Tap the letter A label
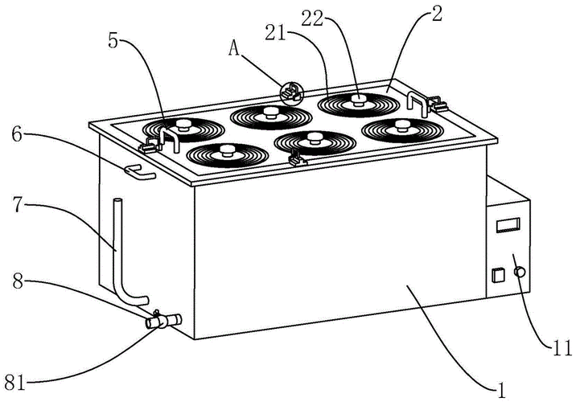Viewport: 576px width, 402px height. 234,47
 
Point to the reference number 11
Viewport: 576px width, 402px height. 562,349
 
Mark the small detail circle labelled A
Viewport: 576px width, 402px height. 290,93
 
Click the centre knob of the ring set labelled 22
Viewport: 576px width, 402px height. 356,100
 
